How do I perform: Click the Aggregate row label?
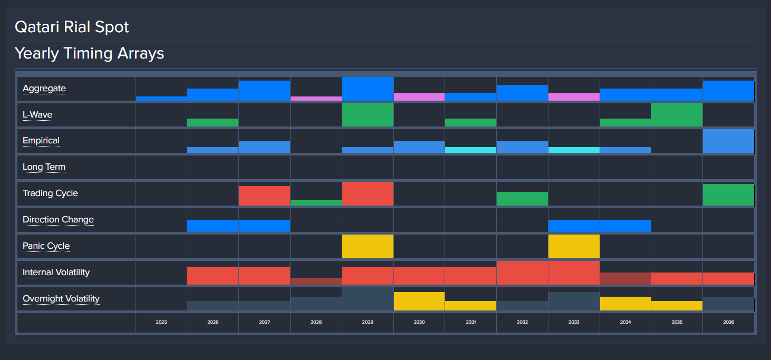point(44,89)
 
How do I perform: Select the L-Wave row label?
point(37,115)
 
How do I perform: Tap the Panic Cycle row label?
point(46,246)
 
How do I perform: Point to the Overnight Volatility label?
point(61,299)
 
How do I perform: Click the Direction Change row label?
point(58,220)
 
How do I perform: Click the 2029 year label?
point(368,322)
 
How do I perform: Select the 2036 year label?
point(728,322)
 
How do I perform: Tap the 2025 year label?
point(161,322)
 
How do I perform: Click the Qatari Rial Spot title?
point(72,27)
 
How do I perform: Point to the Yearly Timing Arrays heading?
point(89,53)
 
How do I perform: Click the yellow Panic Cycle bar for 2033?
point(574,246)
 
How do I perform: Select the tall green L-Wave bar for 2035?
point(677,115)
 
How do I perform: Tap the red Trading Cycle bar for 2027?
point(264,196)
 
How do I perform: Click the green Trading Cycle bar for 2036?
point(728,194)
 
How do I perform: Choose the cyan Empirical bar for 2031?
point(470,150)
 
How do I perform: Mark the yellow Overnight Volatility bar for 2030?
point(419,301)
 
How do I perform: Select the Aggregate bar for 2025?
point(161,99)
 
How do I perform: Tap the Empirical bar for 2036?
point(728,141)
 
